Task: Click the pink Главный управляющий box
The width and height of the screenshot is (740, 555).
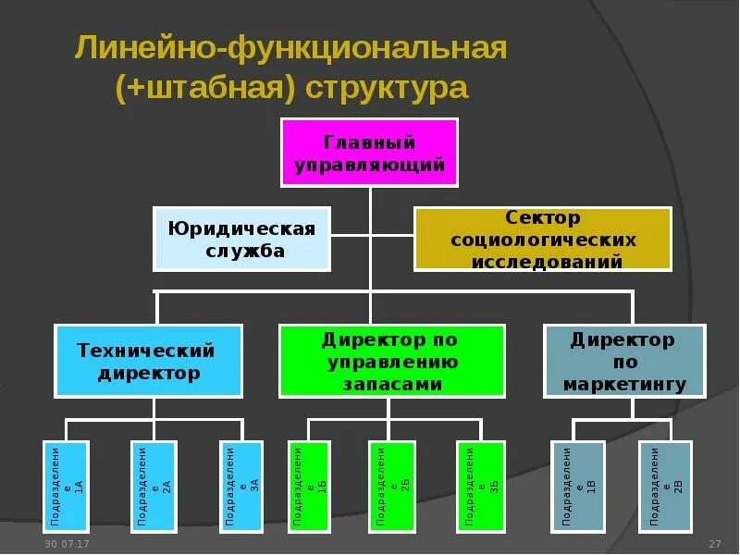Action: [369, 153]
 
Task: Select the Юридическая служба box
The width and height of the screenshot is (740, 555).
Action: [240, 239]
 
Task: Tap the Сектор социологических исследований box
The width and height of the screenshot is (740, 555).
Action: [542, 239]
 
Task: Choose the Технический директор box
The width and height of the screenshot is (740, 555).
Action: [149, 361]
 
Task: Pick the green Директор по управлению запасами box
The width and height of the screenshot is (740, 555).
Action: [391, 361]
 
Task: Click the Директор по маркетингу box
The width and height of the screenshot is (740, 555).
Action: [623, 361]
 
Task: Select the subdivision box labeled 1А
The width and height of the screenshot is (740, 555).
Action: [66, 487]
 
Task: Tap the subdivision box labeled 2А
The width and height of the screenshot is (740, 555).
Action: [153, 487]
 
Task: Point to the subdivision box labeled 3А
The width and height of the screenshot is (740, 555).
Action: [241, 487]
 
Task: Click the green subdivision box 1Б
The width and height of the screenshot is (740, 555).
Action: [309, 487]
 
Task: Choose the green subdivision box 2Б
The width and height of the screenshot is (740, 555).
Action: [391, 487]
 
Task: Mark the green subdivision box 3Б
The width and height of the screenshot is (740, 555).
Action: [481, 487]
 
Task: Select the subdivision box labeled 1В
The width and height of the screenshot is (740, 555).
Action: [578, 487]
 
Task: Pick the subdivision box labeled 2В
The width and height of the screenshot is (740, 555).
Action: [666, 487]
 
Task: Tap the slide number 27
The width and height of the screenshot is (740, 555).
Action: [714, 543]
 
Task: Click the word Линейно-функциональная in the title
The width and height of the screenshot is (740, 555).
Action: [291, 48]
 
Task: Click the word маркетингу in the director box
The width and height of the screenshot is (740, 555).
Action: [623, 384]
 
